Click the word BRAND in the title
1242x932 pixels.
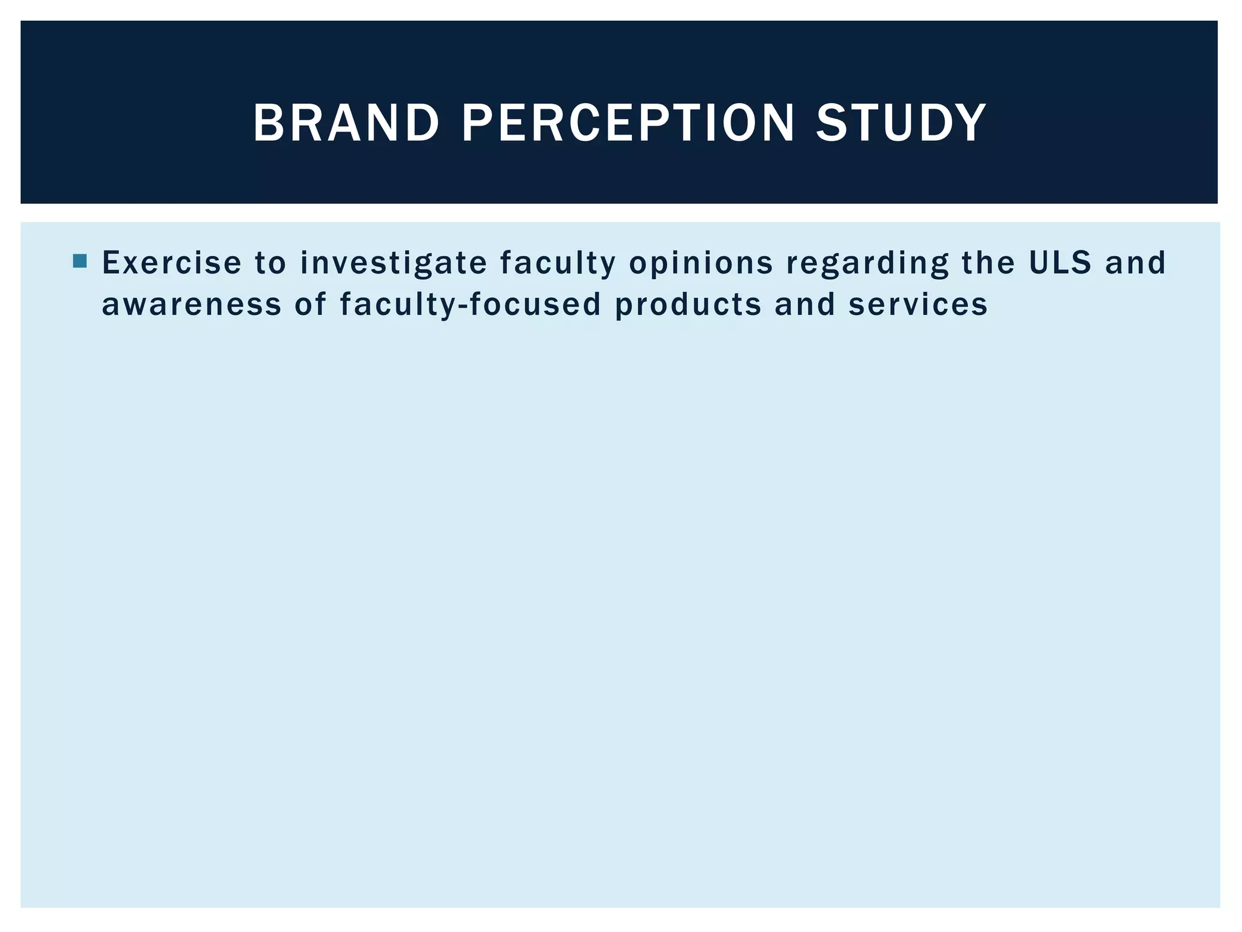coord(346,123)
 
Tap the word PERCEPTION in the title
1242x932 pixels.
coord(628,123)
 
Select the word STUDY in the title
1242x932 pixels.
coord(901,123)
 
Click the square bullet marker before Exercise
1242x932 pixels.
coord(79,262)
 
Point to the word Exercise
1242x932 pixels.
coord(172,263)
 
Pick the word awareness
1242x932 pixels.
coord(192,305)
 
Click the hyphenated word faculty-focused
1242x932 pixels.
coord(471,305)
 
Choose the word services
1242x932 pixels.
coord(918,305)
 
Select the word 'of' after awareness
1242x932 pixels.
coord(310,304)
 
